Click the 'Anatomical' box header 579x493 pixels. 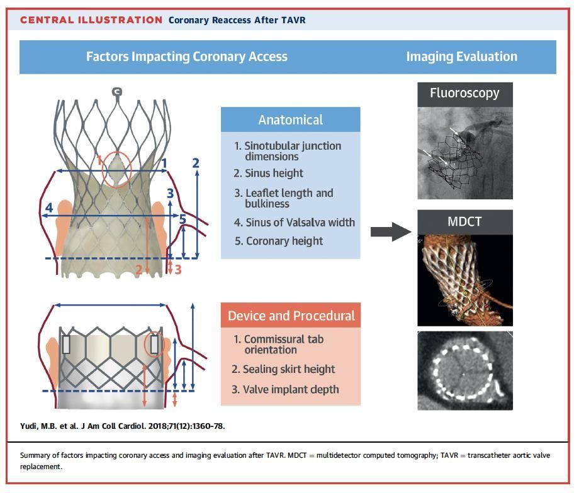point(291,119)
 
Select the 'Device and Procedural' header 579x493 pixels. point(291,316)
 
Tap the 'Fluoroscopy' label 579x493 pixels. point(465,93)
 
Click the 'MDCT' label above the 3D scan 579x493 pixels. point(465,221)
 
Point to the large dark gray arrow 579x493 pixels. point(391,232)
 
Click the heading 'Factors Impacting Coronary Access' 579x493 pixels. point(187,57)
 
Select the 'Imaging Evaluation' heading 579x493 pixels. point(462,57)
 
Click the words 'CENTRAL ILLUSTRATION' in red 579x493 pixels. point(91,20)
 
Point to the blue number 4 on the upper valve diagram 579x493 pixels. point(49,208)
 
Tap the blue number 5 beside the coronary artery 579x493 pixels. point(183,219)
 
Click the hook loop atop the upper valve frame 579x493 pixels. point(116,92)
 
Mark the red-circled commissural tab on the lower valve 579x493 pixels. point(154,344)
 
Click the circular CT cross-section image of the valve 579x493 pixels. point(465,371)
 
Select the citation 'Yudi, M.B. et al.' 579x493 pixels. point(49,426)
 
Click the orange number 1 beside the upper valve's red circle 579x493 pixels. point(99,160)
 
